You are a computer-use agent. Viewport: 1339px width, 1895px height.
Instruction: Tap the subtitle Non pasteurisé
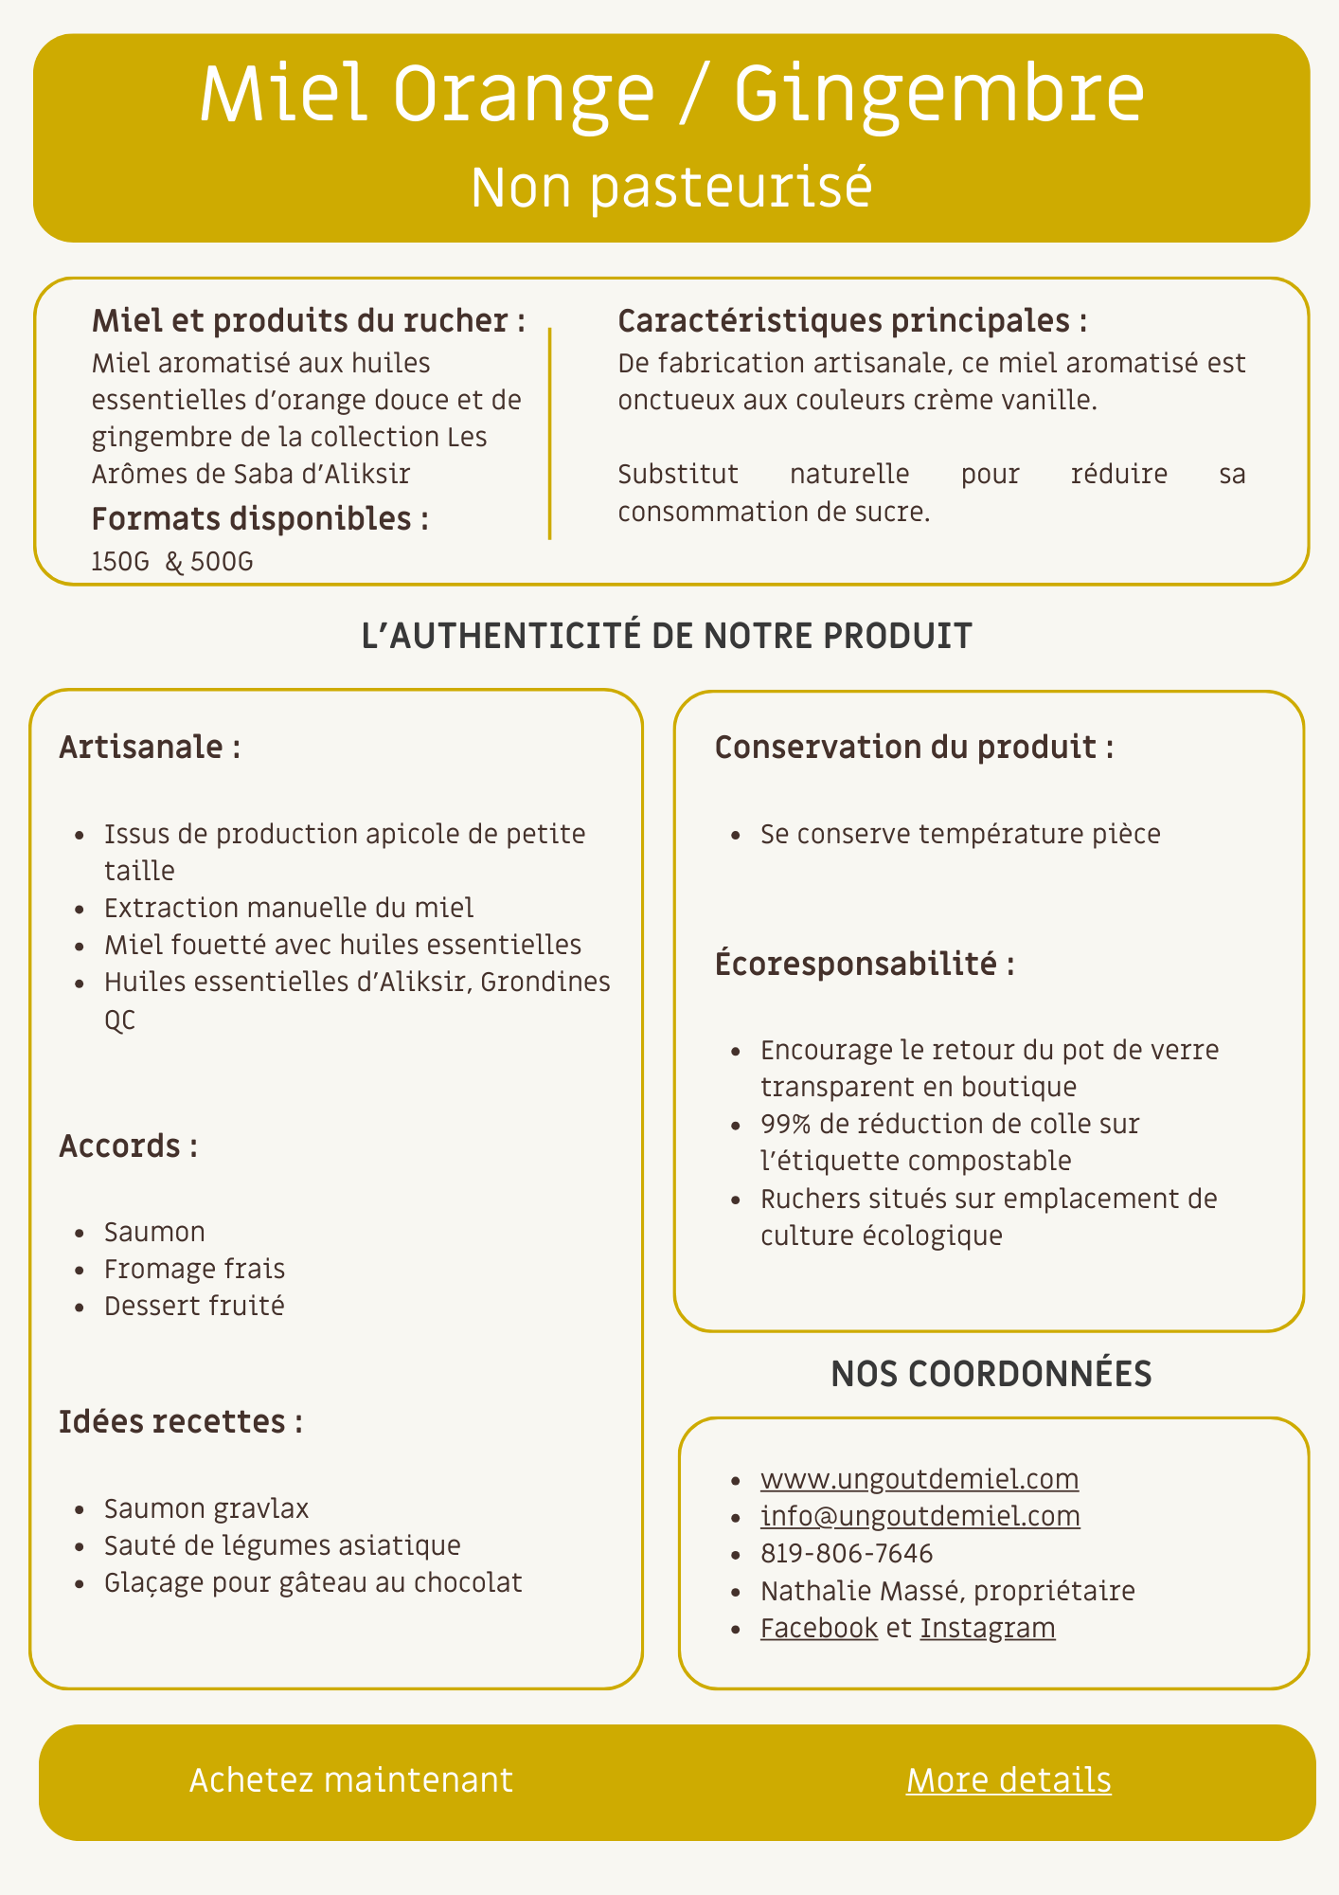670,187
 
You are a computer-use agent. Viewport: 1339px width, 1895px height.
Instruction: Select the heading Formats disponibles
259,519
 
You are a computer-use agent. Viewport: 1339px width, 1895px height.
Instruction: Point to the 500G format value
222,563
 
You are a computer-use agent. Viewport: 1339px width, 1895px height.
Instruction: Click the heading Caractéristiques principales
852,321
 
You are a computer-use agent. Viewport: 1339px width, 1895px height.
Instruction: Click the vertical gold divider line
549,434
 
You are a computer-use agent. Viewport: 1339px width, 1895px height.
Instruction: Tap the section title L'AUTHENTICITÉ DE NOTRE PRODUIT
667,636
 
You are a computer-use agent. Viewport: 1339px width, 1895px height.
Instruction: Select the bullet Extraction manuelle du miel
289,908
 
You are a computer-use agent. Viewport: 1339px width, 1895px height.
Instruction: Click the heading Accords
128,1146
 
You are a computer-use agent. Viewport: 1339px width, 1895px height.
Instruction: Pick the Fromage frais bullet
194,1269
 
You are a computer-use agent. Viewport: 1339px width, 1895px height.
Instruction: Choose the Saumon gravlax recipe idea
206,1508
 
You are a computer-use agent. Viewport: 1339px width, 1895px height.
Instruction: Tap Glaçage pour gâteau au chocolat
312,1582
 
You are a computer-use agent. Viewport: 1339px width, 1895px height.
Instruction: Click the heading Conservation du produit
914,748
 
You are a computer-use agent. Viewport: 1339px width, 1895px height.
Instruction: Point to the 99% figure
784,1124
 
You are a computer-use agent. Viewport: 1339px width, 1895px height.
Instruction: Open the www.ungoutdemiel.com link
919,1479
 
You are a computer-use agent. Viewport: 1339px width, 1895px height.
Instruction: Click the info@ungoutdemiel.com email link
919,1516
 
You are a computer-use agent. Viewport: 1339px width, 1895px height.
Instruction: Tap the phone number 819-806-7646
847,1554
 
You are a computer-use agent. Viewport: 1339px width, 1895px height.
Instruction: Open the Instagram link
988,1628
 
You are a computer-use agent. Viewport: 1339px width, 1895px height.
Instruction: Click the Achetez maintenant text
351,1780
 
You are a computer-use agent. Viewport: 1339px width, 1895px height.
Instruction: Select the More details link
1009,1780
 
